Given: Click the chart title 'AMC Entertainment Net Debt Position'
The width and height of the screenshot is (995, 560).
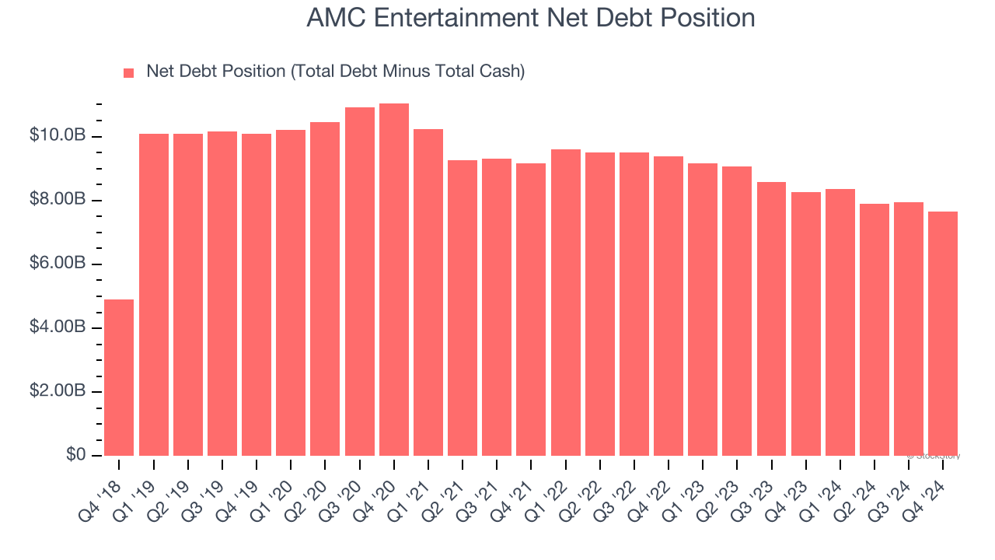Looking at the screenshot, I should coord(531,18).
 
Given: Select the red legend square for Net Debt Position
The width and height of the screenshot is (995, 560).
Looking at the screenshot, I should coord(129,72).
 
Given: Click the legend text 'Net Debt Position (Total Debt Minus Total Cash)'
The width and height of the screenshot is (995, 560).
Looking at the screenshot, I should coord(335,72).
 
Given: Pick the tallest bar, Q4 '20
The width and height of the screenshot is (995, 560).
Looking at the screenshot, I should coord(393,280).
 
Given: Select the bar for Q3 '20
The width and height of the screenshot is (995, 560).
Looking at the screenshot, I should coord(359,282).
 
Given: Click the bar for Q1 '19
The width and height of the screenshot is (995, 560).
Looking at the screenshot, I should coord(153,295).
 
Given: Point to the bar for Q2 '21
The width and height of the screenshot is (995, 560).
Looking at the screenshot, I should coord(462,308).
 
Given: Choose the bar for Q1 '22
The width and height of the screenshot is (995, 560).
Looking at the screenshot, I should coord(565,303).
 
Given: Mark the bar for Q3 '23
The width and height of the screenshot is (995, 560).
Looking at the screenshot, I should coord(771,319).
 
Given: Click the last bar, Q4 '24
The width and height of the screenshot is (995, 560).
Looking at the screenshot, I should coord(942,334).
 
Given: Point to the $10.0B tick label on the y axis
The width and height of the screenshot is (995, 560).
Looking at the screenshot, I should coord(58,136).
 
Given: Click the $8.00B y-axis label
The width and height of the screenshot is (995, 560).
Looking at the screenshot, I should coord(58,200).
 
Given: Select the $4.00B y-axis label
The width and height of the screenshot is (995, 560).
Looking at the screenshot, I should coord(58,327).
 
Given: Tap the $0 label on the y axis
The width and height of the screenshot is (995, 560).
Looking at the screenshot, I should coord(75,455).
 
